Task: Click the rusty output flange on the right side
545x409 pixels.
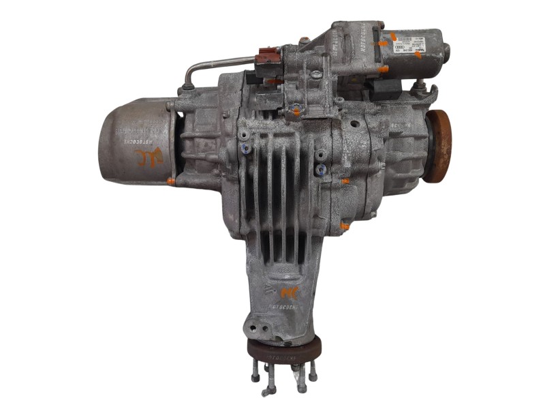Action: (438, 146)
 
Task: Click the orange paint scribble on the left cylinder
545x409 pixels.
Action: (151, 159)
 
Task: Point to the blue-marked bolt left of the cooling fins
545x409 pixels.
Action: (245, 148)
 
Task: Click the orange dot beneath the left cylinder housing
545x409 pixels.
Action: (170, 181)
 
